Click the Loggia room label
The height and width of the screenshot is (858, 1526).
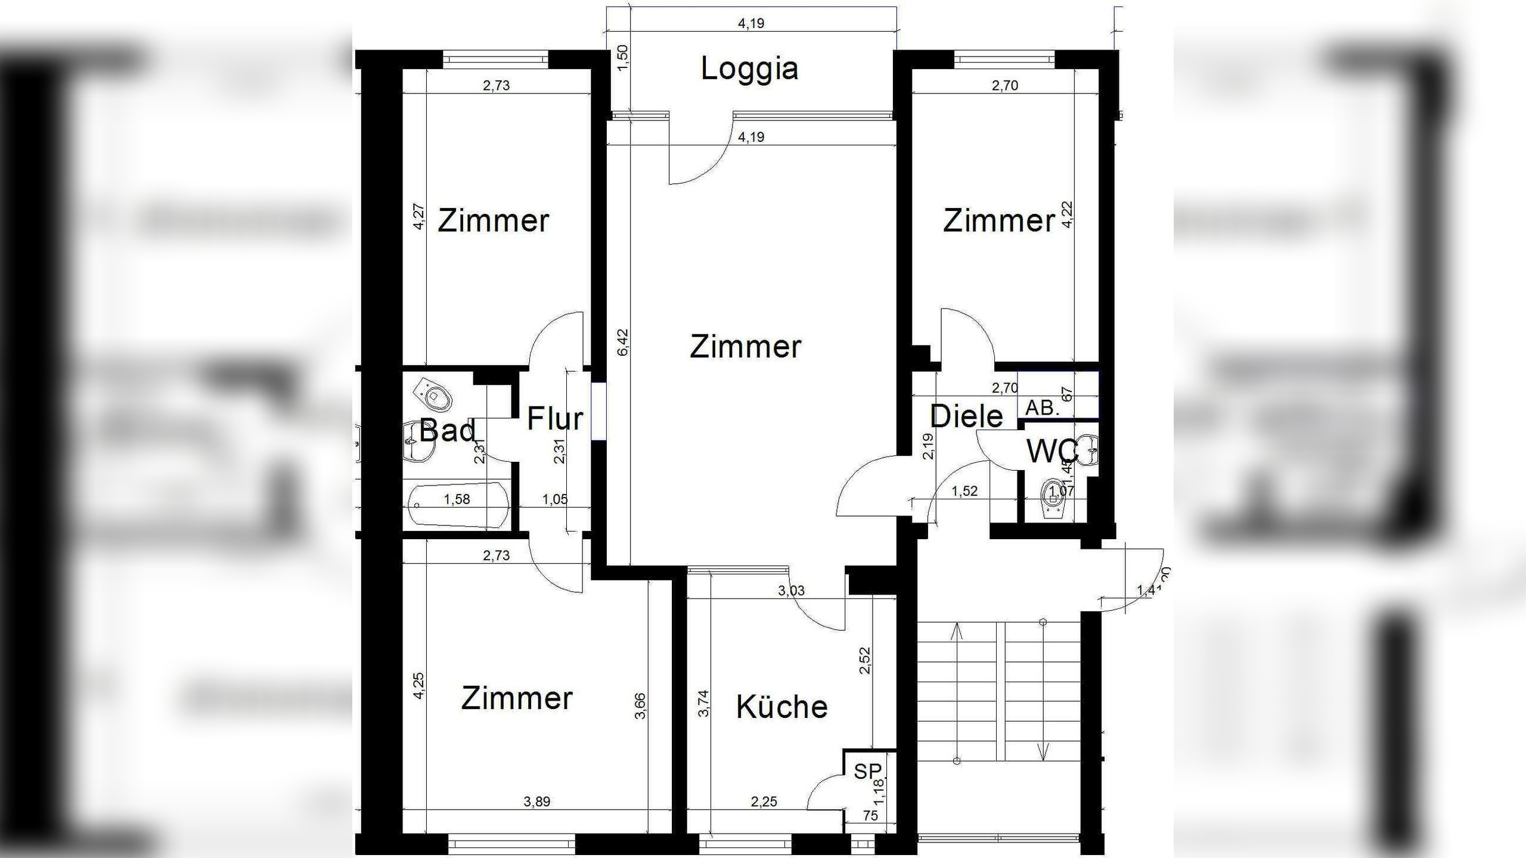(749, 69)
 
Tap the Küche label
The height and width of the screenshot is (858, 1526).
(781, 707)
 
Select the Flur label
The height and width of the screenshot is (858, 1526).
(554, 418)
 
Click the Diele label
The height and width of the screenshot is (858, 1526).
(966, 416)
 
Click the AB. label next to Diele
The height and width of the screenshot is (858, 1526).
(1042, 408)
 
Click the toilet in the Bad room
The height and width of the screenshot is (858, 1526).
(435, 393)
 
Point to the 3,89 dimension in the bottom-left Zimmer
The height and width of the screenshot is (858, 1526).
(536, 802)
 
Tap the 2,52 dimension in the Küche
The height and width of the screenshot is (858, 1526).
(865, 660)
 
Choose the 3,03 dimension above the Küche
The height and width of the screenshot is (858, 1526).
(791, 590)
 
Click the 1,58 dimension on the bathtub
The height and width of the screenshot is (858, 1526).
(457, 499)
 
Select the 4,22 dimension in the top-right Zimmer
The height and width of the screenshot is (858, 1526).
(1067, 214)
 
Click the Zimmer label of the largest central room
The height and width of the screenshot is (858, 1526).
(745, 347)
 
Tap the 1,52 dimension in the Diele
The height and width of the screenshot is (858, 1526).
(964, 491)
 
